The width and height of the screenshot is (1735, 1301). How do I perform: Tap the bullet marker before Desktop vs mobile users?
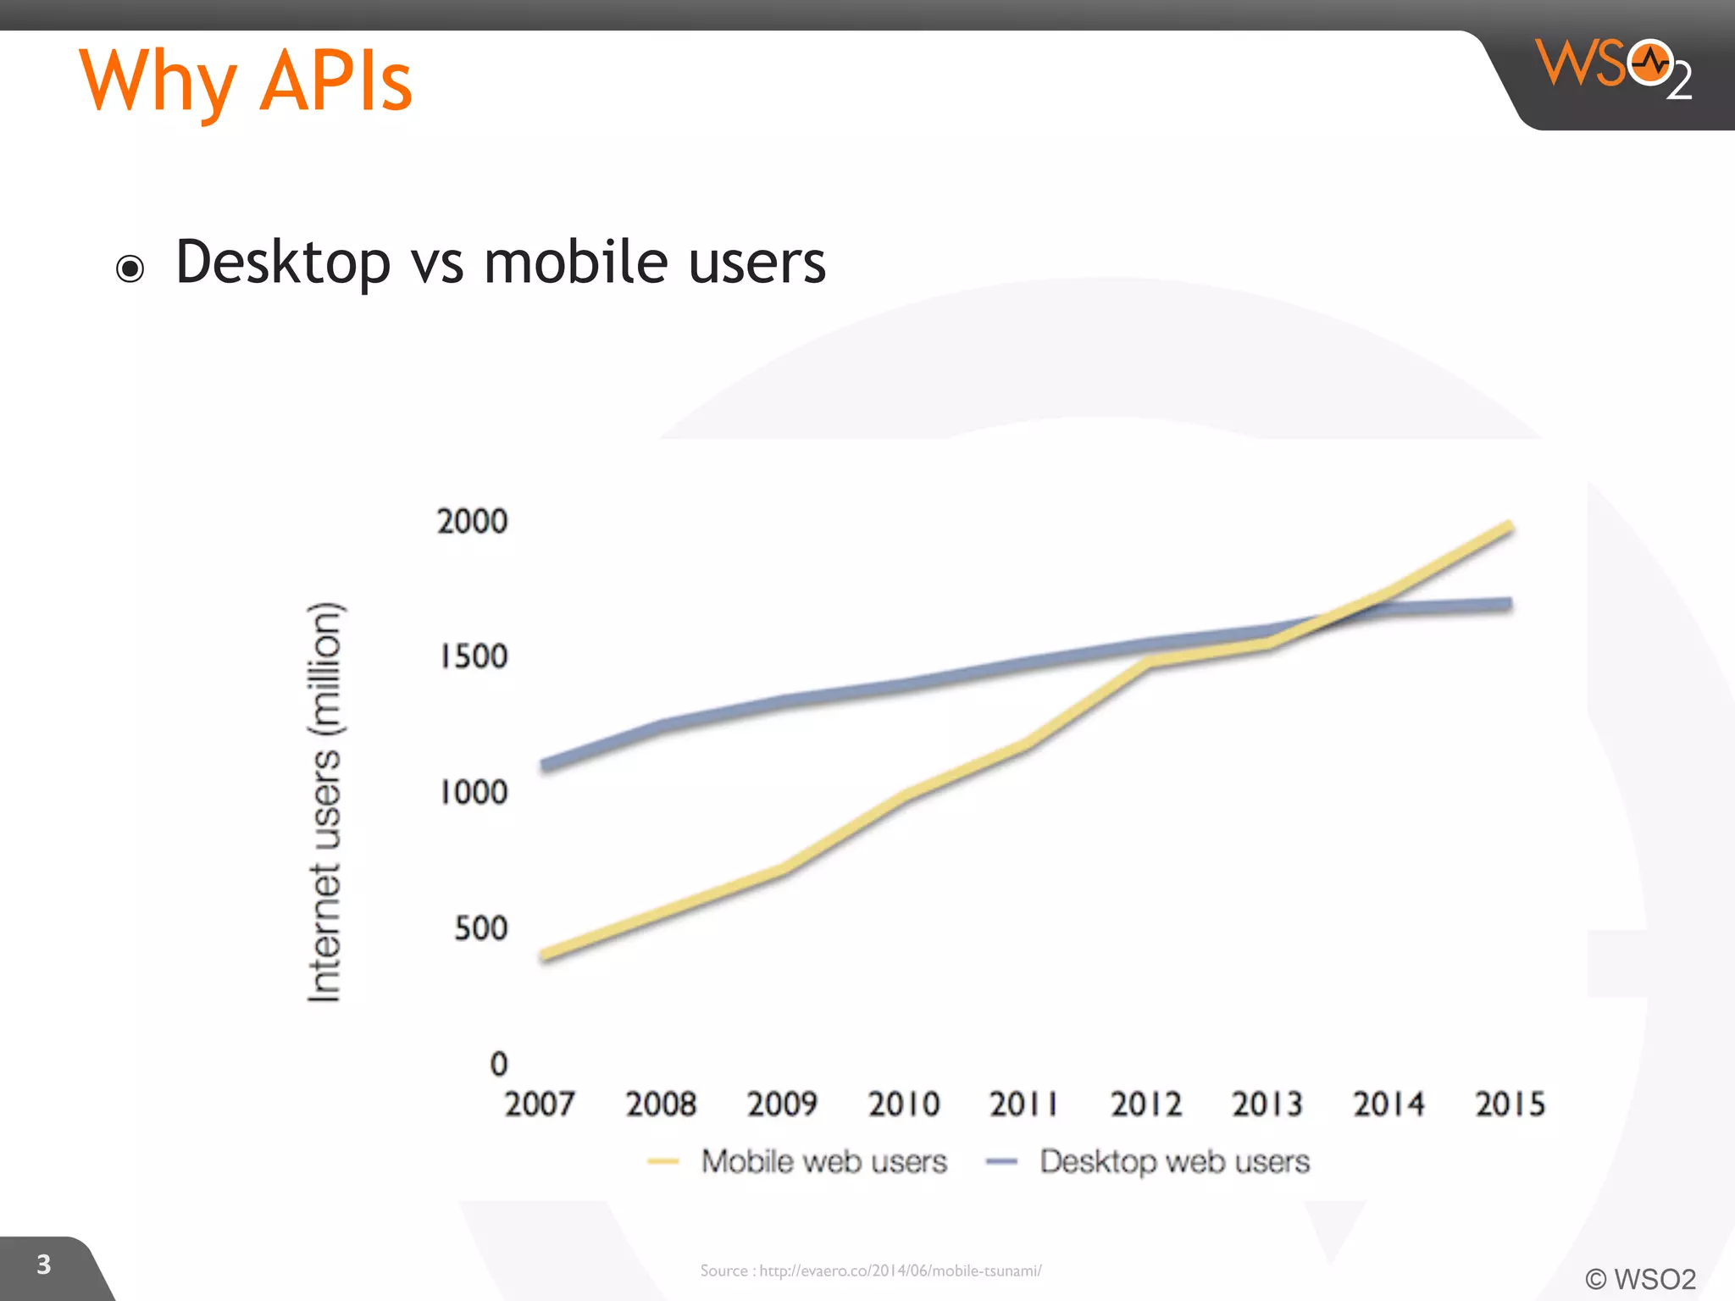pos(130,269)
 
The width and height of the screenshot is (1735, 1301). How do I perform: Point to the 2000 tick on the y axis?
pos(472,521)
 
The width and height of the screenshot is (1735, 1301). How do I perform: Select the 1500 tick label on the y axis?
pos(473,656)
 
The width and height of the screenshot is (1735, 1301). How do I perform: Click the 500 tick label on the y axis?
pos(480,928)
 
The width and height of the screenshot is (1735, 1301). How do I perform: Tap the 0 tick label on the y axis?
pos(499,1064)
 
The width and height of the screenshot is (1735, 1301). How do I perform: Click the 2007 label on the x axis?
pos(539,1104)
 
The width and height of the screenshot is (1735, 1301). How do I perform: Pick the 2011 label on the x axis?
pos(1023,1104)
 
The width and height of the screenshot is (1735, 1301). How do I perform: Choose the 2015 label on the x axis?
pos(1509,1104)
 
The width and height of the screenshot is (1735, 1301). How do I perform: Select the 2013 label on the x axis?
pos(1267,1104)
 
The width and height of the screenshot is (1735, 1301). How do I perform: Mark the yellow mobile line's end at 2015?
pos(1509,527)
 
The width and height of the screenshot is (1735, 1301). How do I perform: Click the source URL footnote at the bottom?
pos(870,1271)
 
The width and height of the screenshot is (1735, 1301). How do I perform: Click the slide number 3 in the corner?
pos(44,1265)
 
